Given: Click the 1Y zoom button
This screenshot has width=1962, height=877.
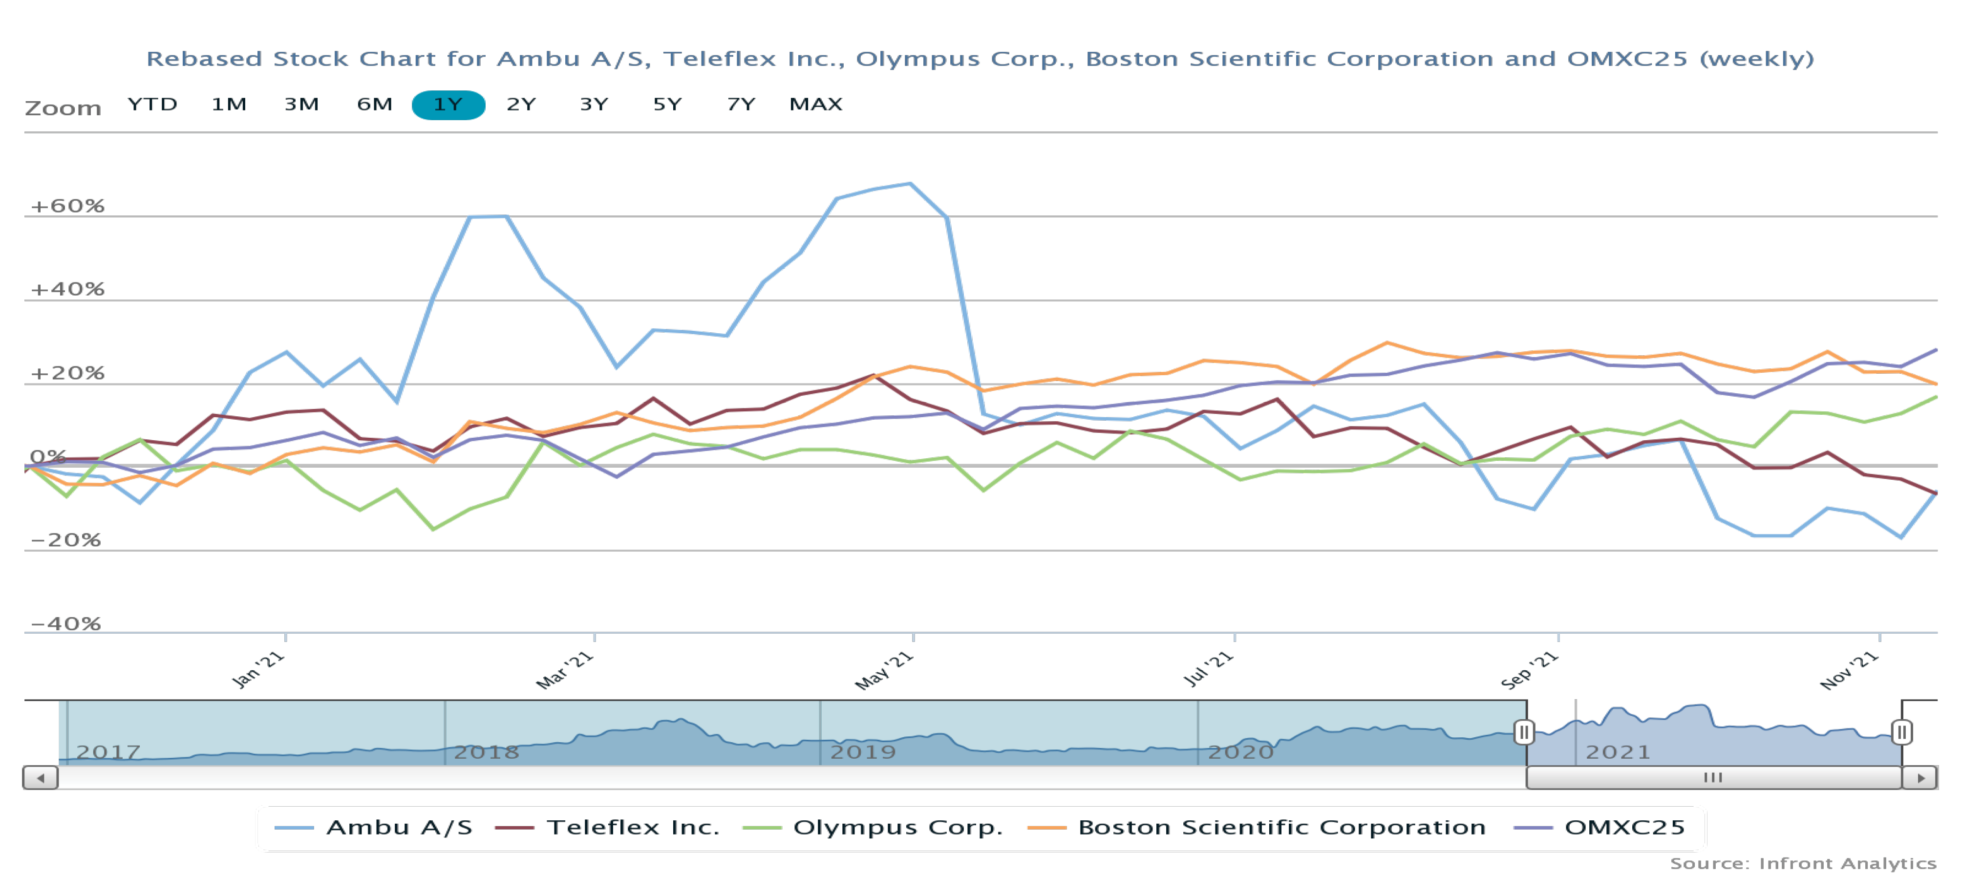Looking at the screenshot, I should (448, 105).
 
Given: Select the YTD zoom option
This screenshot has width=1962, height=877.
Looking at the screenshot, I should (152, 105).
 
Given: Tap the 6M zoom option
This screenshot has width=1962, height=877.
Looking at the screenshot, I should (375, 105).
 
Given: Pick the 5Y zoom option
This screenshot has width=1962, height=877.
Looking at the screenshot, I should (667, 105).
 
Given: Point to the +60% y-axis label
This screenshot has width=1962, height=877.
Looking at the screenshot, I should (67, 206).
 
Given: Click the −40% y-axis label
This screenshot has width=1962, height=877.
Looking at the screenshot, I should (65, 623).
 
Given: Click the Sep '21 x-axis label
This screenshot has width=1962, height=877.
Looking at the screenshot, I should (1529, 670).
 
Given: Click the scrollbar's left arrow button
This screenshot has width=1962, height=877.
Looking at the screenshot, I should (41, 778).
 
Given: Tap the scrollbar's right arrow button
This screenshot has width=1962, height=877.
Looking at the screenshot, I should (1920, 778).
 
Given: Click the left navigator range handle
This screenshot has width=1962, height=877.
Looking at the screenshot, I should (1523, 732).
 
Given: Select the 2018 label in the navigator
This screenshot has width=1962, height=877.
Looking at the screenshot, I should (487, 752).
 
